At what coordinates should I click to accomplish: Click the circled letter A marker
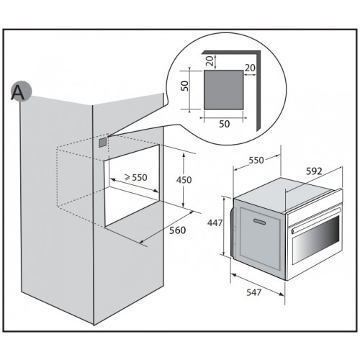point(21,91)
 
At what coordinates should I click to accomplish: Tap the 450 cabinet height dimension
point(184,180)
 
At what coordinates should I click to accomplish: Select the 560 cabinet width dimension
point(178,230)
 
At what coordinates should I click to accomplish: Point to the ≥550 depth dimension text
point(136,177)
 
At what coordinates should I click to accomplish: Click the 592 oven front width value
point(314,171)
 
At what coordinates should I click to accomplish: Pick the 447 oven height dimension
point(215,223)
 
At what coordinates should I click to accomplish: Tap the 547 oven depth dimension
point(253,292)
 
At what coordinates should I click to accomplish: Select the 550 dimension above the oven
point(256,160)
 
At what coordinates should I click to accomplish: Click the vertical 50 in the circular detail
point(184,86)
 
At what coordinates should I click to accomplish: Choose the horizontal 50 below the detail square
point(225,124)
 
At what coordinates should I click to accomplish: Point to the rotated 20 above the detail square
point(210,60)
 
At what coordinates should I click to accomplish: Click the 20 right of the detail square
point(250,68)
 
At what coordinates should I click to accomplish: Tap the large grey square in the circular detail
point(223,90)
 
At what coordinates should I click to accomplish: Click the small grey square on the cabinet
point(102,142)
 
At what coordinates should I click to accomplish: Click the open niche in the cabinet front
point(132,185)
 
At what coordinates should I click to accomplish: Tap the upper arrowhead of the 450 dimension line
point(184,154)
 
